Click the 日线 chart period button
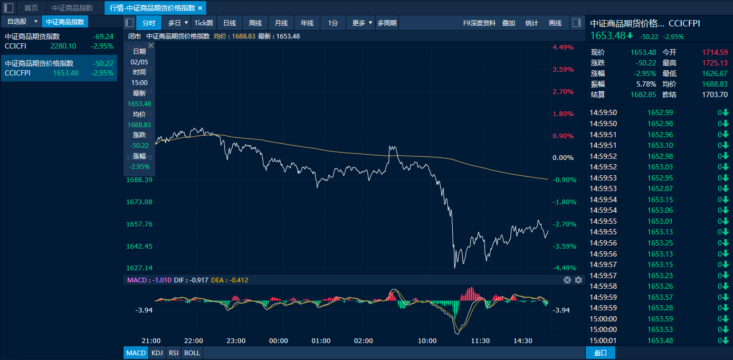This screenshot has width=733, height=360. tap(230, 23)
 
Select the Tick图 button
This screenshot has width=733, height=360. tap(203, 23)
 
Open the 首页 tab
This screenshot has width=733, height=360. tap(31, 8)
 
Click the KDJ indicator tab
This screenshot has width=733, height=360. tap(157, 353)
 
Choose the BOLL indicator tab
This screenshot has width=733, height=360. tap(192, 353)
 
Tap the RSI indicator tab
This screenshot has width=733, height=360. tap(173, 353)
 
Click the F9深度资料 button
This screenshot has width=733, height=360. tap(479, 23)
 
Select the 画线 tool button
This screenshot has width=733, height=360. tap(555, 23)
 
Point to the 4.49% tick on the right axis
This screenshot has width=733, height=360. tap(563, 48)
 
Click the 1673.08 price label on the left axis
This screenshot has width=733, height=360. tap(140, 202)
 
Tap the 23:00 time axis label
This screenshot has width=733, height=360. tap(236, 341)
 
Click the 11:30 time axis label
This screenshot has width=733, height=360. tap(480, 341)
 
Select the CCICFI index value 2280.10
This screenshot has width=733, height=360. tap(63, 46)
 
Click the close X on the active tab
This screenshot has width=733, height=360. tap(200, 8)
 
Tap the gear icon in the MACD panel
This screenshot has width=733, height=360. tap(578, 280)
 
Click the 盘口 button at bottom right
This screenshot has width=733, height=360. tap(601, 353)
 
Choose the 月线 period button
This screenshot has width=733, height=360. tap(281, 23)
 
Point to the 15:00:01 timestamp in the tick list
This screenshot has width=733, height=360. tap(603, 340)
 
